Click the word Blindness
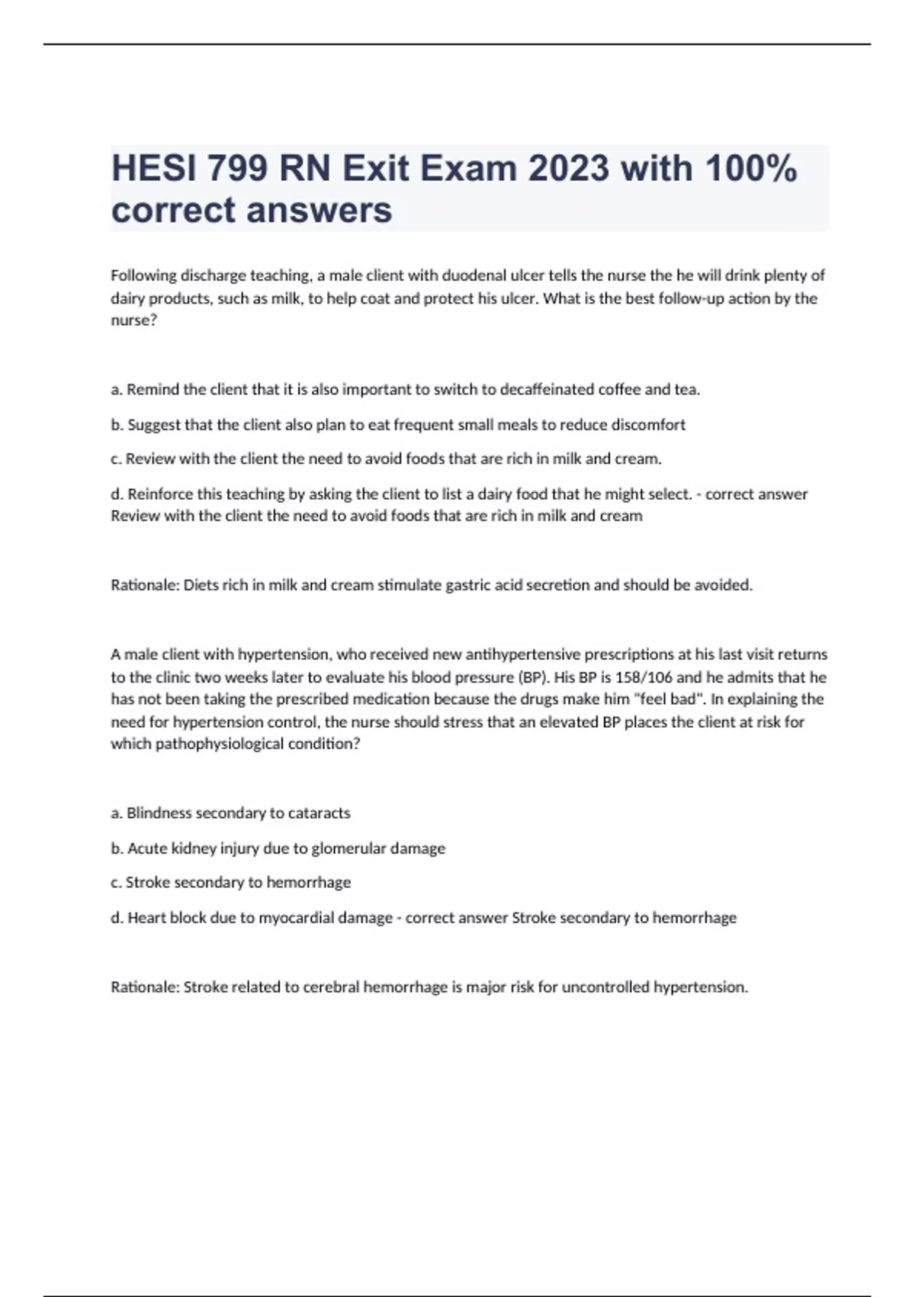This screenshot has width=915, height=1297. click(159, 813)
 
